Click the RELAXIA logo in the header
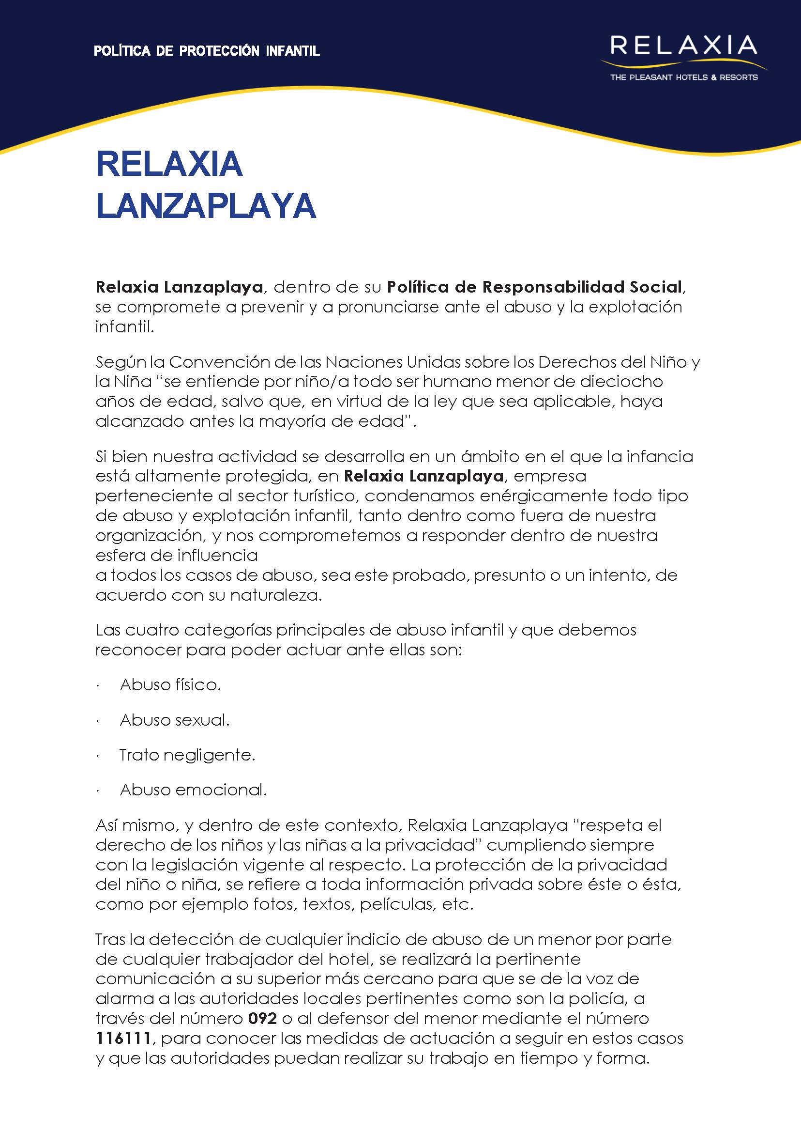[x=683, y=47]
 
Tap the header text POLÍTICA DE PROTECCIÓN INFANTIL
[x=207, y=51]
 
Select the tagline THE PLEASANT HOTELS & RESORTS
[x=683, y=78]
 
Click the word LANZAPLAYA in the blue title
[x=206, y=205]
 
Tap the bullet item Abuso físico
[x=170, y=685]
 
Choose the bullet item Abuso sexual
[x=175, y=720]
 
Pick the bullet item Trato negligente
[x=187, y=755]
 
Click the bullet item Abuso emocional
[x=193, y=790]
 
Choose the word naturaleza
[x=276, y=595]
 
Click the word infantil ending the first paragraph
[x=124, y=326]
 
